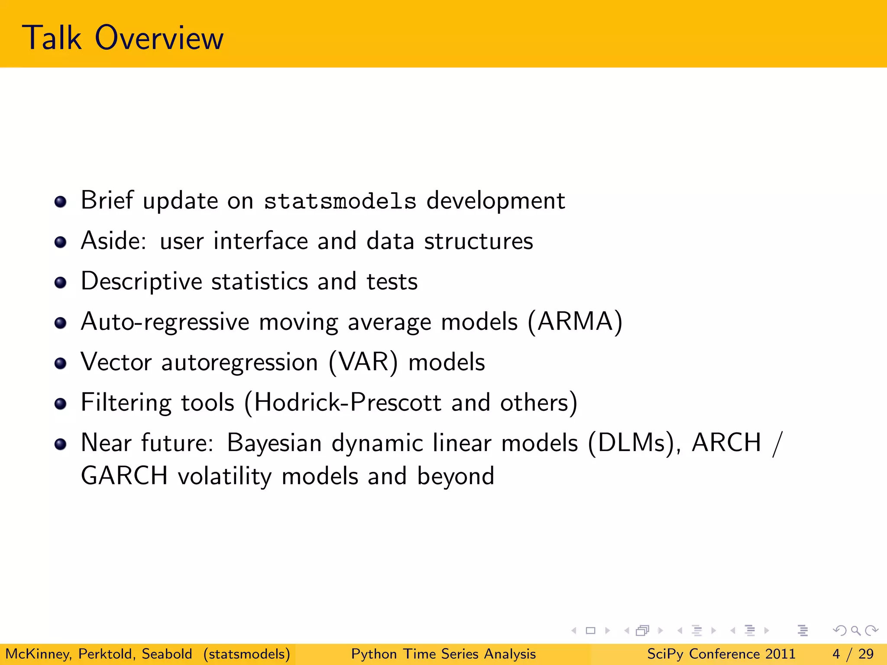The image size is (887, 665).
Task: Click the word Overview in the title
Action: pyautogui.click(x=159, y=38)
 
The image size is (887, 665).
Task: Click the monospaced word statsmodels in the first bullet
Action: pyautogui.click(x=340, y=201)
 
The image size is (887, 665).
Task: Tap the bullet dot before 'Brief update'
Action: pyautogui.click(x=61, y=202)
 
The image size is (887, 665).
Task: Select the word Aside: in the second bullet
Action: pyautogui.click(x=113, y=241)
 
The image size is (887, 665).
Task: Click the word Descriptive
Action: pyautogui.click(x=142, y=282)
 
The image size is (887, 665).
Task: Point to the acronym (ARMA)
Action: pyautogui.click(x=575, y=322)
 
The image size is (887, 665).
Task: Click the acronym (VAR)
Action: pyautogui.click(x=363, y=362)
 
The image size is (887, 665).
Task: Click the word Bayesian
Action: pyautogui.click(x=274, y=443)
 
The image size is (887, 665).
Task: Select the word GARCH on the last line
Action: pyautogui.click(x=124, y=476)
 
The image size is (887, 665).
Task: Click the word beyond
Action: pyautogui.click(x=455, y=477)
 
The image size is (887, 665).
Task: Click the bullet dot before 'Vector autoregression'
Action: pyautogui.click(x=61, y=363)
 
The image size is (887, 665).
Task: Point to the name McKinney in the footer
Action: pyautogui.click(x=38, y=654)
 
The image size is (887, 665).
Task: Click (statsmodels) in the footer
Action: pyautogui.click(x=247, y=654)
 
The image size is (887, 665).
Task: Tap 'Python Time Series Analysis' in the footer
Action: pyautogui.click(x=443, y=654)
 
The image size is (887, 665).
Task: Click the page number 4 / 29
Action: pyautogui.click(x=853, y=654)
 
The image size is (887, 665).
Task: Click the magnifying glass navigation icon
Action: pyautogui.click(x=855, y=630)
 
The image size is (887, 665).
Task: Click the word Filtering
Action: pyautogui.click(x=126, y=403)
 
